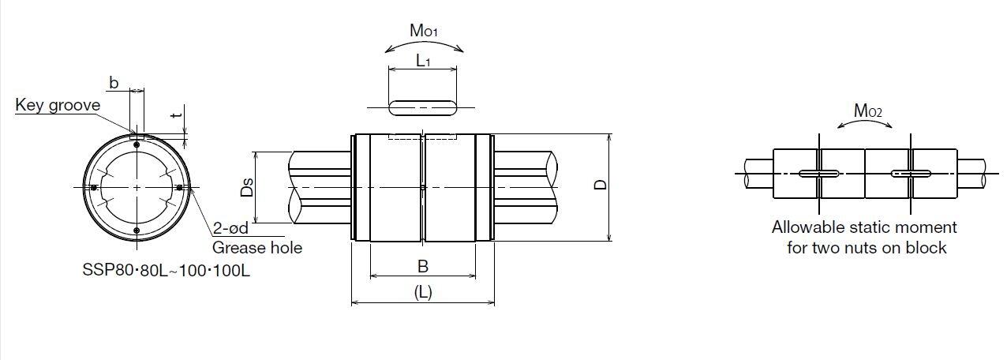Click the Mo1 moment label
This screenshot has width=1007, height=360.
point(424,32)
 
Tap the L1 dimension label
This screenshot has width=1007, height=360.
point(422,60)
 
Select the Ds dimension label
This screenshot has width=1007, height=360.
point(248,187)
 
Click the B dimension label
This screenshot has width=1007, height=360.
point(423,265)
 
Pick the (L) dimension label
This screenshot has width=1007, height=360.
point(423,291)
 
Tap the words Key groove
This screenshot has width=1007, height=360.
point(58,106)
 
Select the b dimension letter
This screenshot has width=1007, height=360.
point(114,83)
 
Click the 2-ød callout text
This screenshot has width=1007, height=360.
point(231,229)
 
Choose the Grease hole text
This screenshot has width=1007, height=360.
point(257,248)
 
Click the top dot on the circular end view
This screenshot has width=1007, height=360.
point(137,143)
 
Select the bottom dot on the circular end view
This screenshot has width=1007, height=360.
point(137,231)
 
